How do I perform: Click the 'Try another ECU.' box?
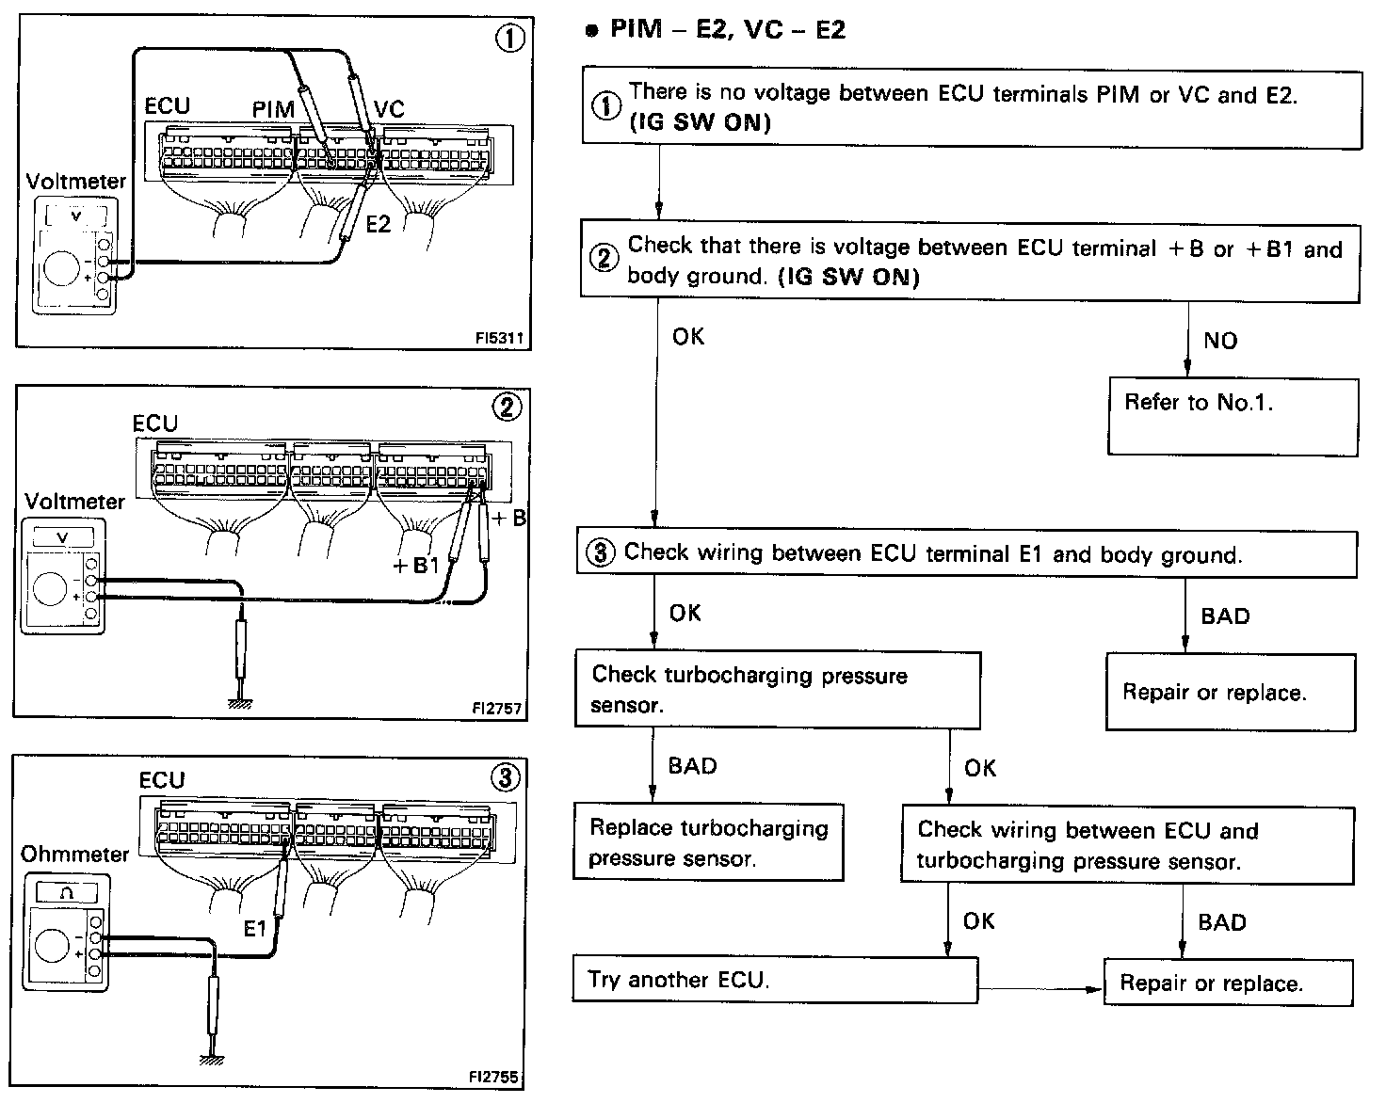(x=775, y=980)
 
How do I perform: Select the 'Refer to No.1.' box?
(x=1233, y=416)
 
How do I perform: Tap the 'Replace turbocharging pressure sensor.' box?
(x=708, y=842)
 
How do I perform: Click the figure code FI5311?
(x=499, y=337)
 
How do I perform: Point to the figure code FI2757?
(x=496, y=708)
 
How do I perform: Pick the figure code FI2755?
(x=494, y=1077)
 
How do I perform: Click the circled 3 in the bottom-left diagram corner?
(x=505, y=777)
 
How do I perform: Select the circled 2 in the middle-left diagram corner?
(x=506, y=407)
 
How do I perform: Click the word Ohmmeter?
(x=74, y=854)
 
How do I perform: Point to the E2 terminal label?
(x=379, y=224)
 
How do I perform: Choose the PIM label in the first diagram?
(x=273, y=109)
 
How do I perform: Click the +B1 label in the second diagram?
(x=416, y=565)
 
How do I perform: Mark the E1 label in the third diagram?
(x=254, y=929)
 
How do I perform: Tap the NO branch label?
(x=1220, y=341)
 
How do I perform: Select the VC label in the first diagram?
(x=388, y=109)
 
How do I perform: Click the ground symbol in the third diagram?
(x=212, y=1059)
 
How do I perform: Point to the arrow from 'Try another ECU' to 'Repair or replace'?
(x=1040, y=989)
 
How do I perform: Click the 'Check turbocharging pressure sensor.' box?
(x=777, y=690)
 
